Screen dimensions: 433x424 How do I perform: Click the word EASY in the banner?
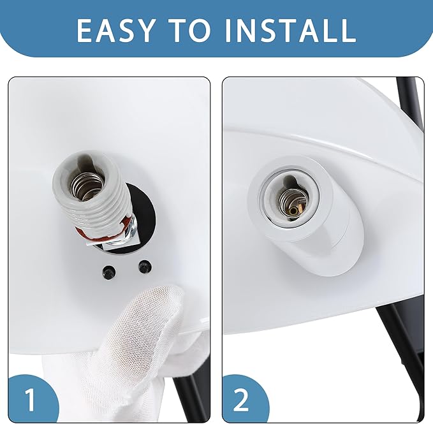[x=115, y=30]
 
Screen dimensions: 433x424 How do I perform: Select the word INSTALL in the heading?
[x=291, y=30]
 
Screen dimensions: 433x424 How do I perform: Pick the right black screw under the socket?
[x=145, y=267]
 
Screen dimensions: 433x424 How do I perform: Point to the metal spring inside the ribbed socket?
[x=88, y=186]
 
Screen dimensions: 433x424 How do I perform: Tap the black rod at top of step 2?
[x=409, y=105]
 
